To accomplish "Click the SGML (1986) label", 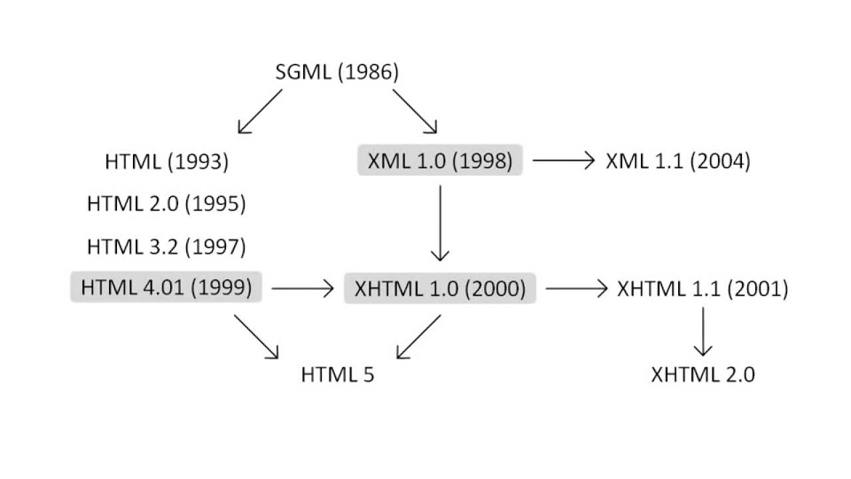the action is (337, 73).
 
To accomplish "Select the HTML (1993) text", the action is (167, 162).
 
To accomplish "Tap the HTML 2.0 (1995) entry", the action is (167, 204).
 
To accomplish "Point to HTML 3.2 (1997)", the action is (167, 247).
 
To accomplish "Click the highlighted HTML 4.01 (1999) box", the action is (166, 288).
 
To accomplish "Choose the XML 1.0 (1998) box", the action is (439, 161).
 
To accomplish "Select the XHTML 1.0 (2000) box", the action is (439, 289).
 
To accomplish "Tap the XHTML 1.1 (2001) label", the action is (702, 289).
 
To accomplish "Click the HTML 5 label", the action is (338, 375).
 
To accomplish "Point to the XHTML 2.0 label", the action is (703, 375).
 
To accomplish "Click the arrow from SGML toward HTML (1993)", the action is (260, 111).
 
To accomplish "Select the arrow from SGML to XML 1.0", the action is (415, 111).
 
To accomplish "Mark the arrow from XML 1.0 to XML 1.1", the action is (562, 160).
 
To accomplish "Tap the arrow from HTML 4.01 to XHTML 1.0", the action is (303, 289).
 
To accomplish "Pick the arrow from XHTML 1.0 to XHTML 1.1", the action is (576, 289).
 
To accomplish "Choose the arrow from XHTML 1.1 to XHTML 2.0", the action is (703, 331).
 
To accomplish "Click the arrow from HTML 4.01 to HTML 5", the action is (256, 337).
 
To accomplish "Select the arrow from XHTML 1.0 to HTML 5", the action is (419, 337).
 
